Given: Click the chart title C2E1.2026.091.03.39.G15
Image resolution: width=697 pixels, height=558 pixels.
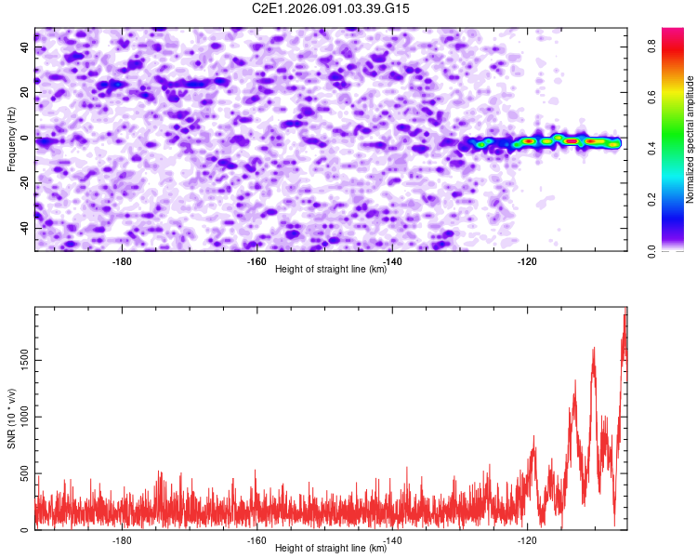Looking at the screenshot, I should tap(331, 8).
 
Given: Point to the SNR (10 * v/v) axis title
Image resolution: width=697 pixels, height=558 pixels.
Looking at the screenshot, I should tap(12, 418).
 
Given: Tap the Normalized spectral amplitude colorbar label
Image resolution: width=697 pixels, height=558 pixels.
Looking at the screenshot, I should tap(690, 139).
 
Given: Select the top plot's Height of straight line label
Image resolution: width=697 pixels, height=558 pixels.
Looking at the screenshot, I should tap(331, 269).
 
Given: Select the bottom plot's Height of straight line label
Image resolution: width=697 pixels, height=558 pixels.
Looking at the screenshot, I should tap(331, 548).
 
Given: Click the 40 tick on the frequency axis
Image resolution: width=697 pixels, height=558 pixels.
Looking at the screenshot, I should tap(24, 48).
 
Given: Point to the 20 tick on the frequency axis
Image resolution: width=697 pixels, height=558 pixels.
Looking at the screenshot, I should tap(24, 93).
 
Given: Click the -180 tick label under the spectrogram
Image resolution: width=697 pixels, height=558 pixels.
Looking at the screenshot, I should tap(122, 261).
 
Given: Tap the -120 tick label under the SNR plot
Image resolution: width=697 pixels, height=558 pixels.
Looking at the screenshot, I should tap(528, 540).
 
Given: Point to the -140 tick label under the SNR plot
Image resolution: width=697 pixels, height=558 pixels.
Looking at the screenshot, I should tap(392, 540).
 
